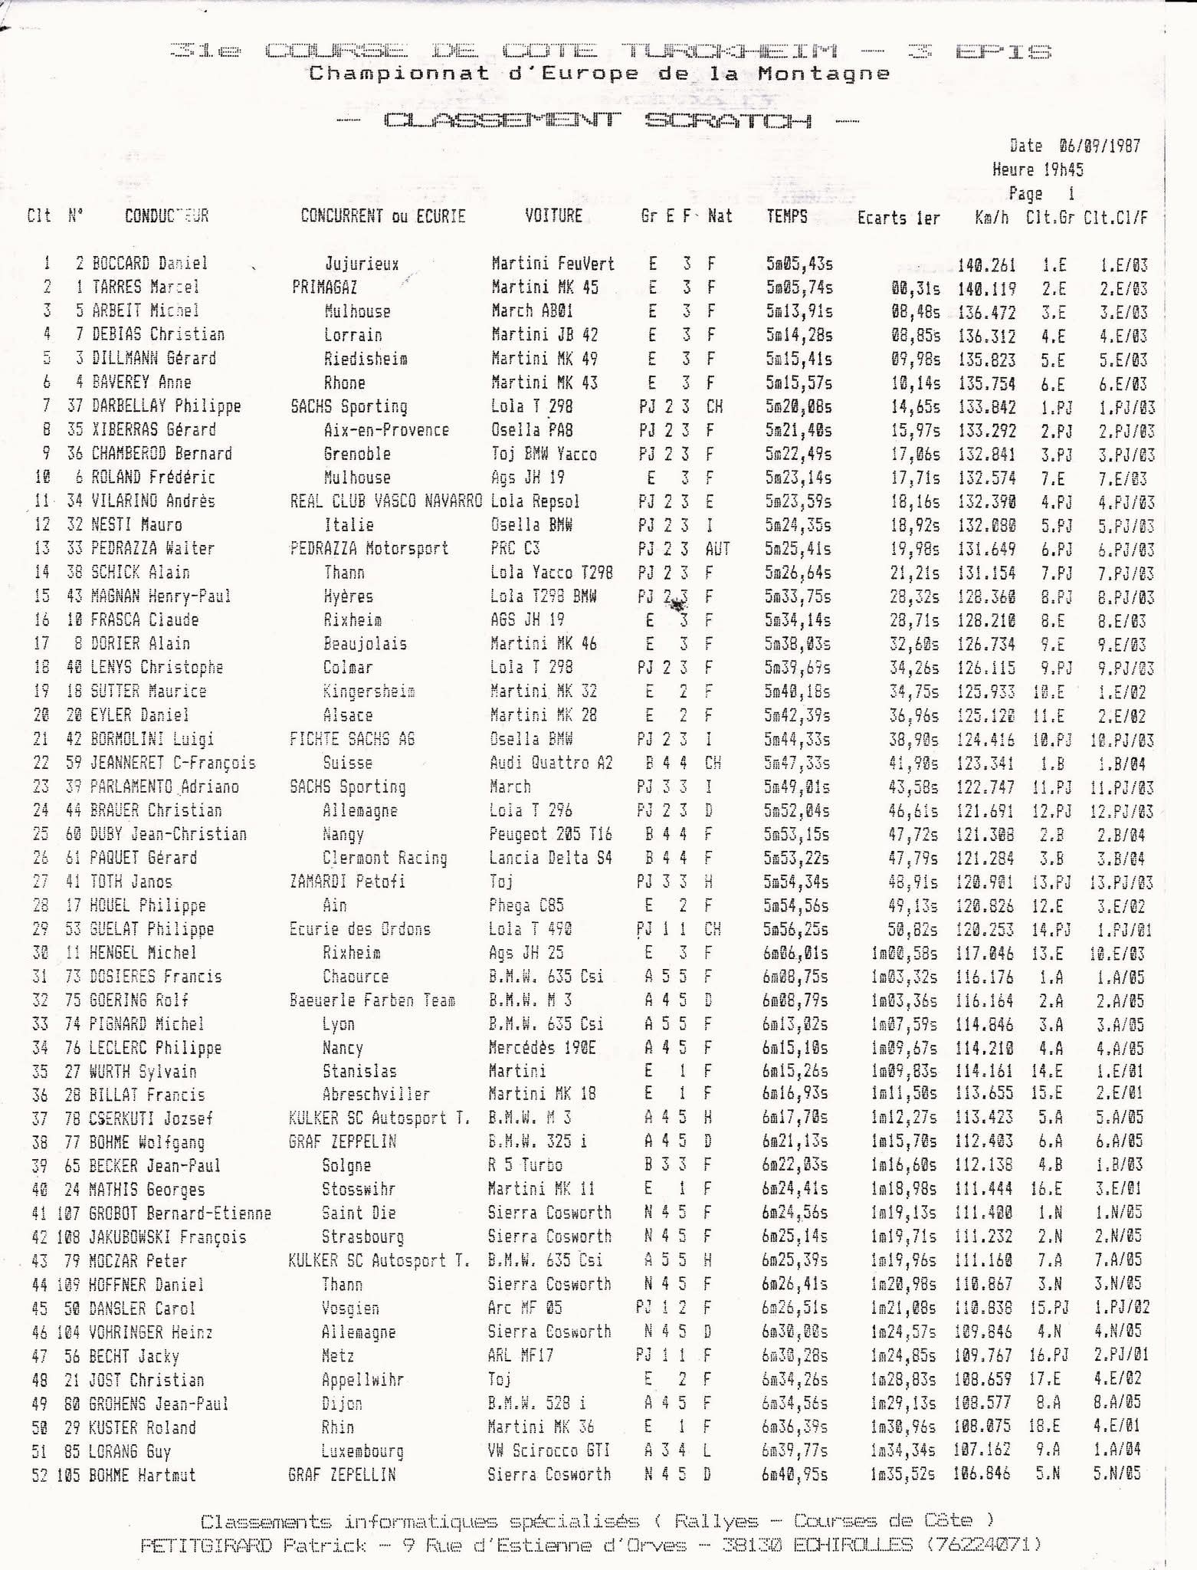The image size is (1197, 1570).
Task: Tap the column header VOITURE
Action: click(x=553, y=215)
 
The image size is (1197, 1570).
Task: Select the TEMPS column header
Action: click(x=787, y=216)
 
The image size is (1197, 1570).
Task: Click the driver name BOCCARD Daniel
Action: click(x=149, y=263)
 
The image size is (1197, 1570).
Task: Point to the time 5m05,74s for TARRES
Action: click(x=799, y=287)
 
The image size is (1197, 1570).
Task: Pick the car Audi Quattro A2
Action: click(x=550, y=763)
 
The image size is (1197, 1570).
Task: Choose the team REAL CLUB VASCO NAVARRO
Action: click(x=386, y=501)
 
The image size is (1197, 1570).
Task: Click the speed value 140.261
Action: click(x=987, y=265)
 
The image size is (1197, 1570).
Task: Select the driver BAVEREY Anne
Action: click(x=141, y=382)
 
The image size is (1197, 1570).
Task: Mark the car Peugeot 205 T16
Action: click(x=550, y=834)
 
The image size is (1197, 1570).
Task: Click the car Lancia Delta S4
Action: click(x=550, y=858)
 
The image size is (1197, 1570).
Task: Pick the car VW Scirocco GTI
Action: click(x=549, y=1450)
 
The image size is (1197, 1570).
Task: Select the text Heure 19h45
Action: click(x=1038, y=169)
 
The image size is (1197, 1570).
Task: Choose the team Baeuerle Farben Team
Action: click(x=372, y=1000)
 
